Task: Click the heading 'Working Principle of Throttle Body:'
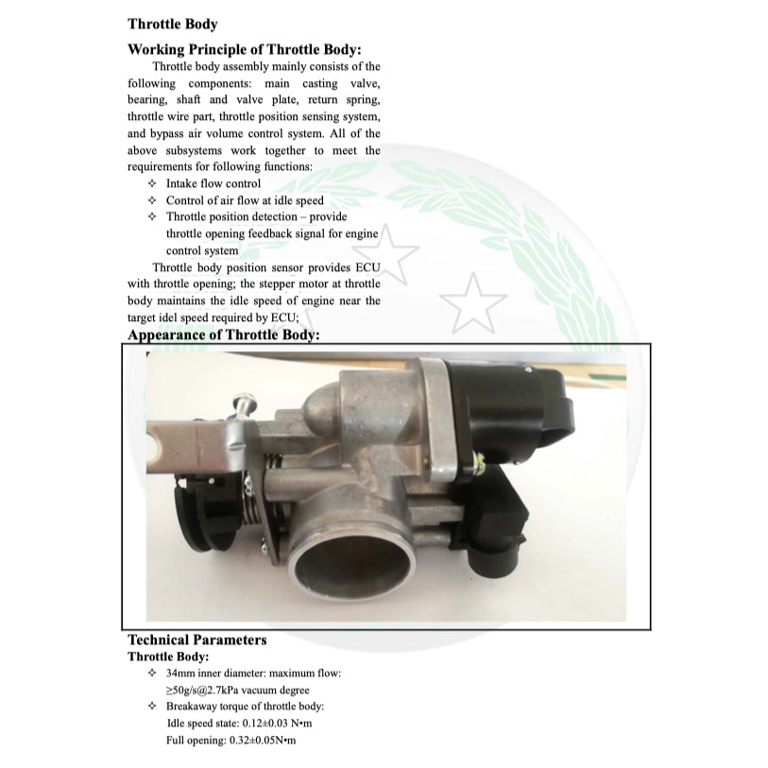pyautogui.click(x=245, y=49)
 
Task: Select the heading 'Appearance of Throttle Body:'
pyautogui.click(x=224, y=334)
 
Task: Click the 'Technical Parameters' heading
pyautogui.click(x=196, y=640)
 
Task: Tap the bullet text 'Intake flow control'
pyautogui.click(x=213, y=183)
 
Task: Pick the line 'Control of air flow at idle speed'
pyautogui.click(x=245, y=200)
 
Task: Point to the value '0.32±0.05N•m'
pyautogui.click(x=263, y=741)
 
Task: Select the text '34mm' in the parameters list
pyautogui.click(x=179, y=673)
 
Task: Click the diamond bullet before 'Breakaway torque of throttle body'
pyautogui.click(x=152, y=707)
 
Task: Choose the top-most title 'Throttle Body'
pyautogui.click(x=172, y=25)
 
